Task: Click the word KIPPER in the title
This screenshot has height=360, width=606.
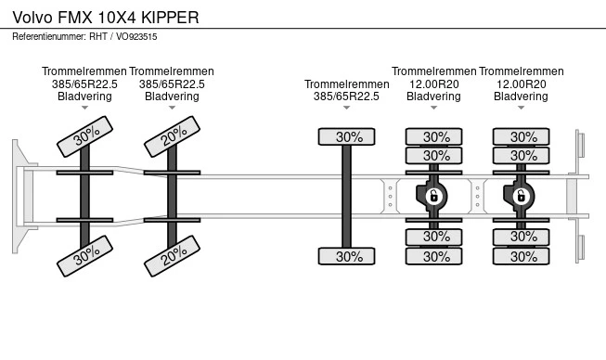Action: [x=170, y=18]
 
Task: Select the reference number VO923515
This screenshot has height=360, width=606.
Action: [x=136, y=37]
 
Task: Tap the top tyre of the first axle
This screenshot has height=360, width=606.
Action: [x=84, y=136]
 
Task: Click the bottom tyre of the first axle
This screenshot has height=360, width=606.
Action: [x=84, y=256]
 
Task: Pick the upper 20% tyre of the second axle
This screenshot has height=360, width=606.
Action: [x=172, y=136]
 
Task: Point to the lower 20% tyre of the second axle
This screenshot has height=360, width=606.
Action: [x=172, y=256]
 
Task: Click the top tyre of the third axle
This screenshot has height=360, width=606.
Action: [x=347, y=136]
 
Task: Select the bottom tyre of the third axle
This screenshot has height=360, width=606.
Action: [x=347, y=256]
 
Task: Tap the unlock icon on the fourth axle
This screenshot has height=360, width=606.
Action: [x=433, y=197]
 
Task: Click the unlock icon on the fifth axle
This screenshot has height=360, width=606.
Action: [x=521, y=197]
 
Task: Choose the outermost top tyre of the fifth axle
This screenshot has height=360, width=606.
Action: [x=521, y=136]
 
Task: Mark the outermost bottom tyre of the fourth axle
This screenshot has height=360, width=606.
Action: [x=433, y=256]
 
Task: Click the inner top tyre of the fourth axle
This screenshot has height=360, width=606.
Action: [x=433, y=156]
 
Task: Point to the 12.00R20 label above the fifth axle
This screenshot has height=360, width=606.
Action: [x=521, y=84]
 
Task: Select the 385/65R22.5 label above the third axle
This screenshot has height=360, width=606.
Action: [x=347, y=96]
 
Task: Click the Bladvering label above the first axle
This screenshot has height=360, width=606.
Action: [x=84, y=96]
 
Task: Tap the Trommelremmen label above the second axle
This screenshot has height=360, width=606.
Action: [x=172, y=71]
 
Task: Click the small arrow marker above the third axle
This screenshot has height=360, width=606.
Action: [x=347, y=108]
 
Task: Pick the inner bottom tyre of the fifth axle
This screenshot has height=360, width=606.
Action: [x=521, y=237]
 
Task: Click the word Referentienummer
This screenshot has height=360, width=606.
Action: [x=48, y=37]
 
